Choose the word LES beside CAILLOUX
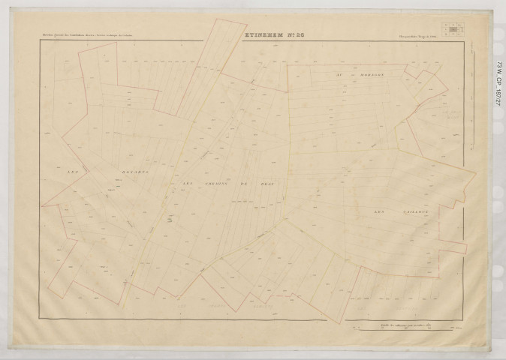pyautogui.click(x=379, y=212)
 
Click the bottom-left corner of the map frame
pyautogui.click(x=38, y=320)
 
